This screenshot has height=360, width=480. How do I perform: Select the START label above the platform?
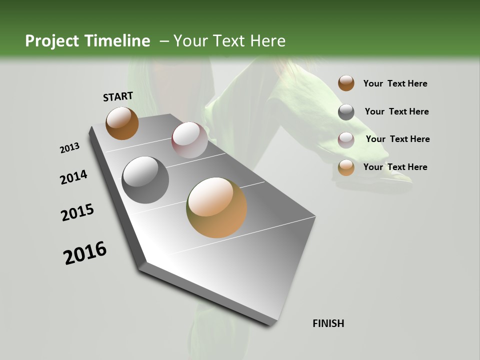118,96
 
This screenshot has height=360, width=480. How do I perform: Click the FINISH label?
328,323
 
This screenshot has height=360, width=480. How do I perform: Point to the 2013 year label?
69,148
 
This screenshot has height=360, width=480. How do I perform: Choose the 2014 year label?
73,177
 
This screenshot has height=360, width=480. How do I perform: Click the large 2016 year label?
85,253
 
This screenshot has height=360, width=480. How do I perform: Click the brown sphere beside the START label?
122,123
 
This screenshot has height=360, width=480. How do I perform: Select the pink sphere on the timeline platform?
189,140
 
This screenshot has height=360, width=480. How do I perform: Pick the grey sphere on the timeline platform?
145,180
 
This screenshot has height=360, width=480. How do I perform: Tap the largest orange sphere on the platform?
216,207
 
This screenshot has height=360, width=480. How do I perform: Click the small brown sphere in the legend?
346,83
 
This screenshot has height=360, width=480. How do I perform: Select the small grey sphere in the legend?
346,112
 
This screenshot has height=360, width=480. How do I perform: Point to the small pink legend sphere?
346,140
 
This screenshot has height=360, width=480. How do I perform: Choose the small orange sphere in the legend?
346,167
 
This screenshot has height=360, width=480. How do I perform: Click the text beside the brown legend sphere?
395,83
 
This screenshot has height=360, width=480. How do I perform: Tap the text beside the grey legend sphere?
396,111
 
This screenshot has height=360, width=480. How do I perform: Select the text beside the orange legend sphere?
395,167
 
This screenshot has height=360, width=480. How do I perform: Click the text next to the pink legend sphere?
397,139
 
